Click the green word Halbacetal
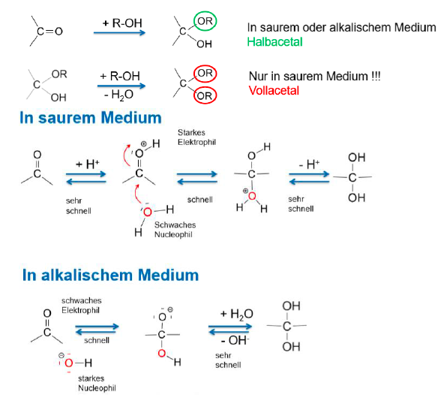tap(274, 42)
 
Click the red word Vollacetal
tap(274, 91)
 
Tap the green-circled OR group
tap(205, 21)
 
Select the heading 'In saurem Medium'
tap(91, 118)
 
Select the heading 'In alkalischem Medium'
tap(110, 275)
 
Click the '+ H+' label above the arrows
tap(88, 164)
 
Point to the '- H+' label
tap(309, 164)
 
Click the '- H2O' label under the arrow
tap(119, 95)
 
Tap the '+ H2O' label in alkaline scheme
tap(236, 314)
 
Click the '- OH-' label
tap(235, 340)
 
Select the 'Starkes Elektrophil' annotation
tap(196, 137)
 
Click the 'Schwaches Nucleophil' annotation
tap(175, 230)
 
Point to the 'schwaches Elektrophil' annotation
tap(82, 305)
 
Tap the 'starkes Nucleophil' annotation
tap(97, 383)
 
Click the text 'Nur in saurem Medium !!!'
tap(315, 77)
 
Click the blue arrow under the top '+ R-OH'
tap(119, 33)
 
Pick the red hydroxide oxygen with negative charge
tap(69, 363)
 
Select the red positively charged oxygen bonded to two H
tap(252, 196)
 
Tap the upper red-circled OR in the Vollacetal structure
tap(205, 74)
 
